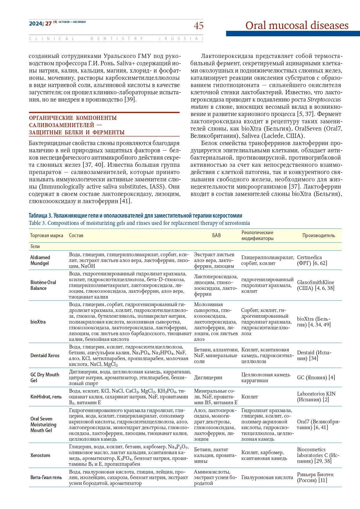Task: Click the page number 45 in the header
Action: point(198,26)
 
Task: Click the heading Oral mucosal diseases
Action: point(297,26)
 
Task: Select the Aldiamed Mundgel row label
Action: point(40,260)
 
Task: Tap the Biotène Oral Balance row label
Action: point(43,285)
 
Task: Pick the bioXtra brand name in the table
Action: point(38,322)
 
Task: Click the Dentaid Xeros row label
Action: point(45,355)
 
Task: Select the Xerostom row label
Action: point(40,455)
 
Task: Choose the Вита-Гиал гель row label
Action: point(46,477)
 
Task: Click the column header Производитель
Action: point(319,236)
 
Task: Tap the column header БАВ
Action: point(216,236)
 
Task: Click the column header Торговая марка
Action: point(46,236)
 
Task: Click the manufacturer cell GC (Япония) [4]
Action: point(316,378)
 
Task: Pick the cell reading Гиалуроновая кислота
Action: point(267,477)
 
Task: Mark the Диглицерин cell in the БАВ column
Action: point(208,378)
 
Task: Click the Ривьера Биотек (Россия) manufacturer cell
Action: point(315,477)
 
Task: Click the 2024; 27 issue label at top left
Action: point(40,24)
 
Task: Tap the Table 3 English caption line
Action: point(139,223)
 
